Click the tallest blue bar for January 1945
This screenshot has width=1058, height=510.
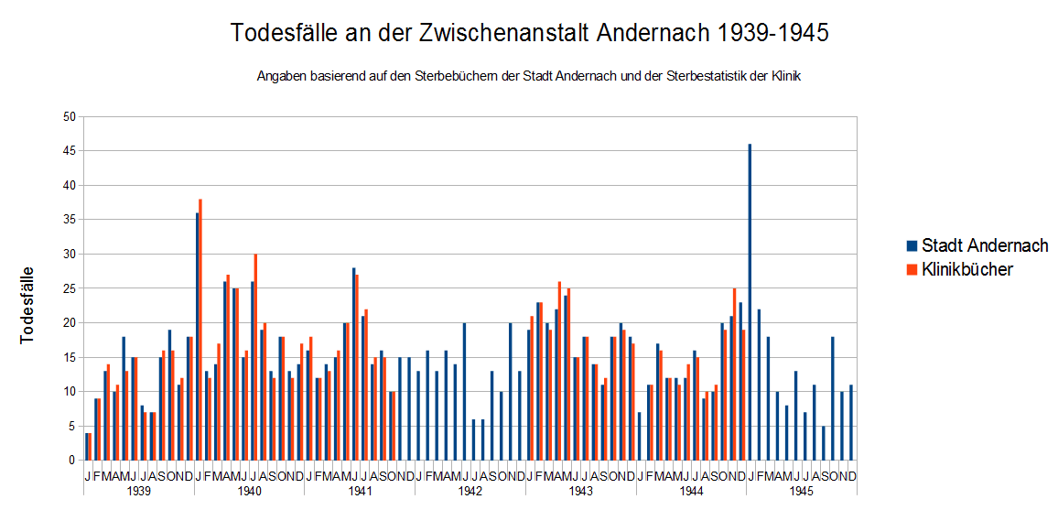[750, 301]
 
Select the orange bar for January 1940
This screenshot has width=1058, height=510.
[200, 330]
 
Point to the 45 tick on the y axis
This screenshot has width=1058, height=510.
[69, 151]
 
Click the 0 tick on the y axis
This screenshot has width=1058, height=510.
[72, 460]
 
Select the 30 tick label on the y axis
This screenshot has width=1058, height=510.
[69, 255]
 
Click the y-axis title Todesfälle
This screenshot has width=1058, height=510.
[27, 304]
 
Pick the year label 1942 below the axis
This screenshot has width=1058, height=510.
[470, 491]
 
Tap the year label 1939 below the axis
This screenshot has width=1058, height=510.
[138, 491]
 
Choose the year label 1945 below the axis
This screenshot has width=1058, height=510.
[802, 491]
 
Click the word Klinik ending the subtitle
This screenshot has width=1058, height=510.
[784, 77]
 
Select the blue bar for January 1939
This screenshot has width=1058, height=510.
[86, 447]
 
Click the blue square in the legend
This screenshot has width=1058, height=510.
[912, 246]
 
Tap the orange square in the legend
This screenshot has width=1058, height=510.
[912, 270]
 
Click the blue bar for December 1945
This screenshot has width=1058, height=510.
[851, 422]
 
